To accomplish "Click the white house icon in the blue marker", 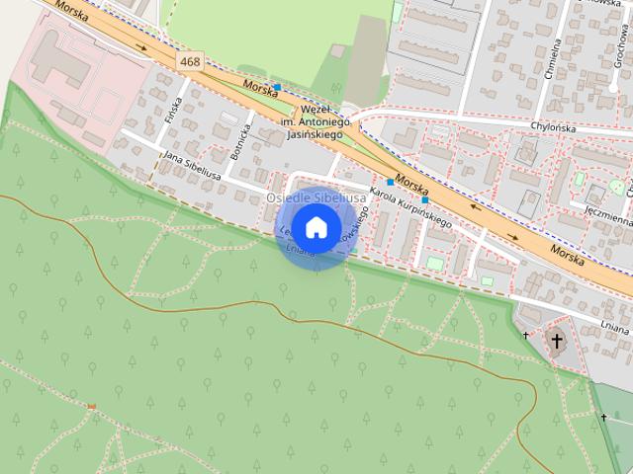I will point(316,227).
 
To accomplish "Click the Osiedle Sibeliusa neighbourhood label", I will point(316,197).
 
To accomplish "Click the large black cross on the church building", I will point(557,343).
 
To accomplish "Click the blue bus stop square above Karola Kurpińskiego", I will point(390,183).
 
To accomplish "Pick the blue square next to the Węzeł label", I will point(278,88).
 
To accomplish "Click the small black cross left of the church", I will point(525,335).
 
